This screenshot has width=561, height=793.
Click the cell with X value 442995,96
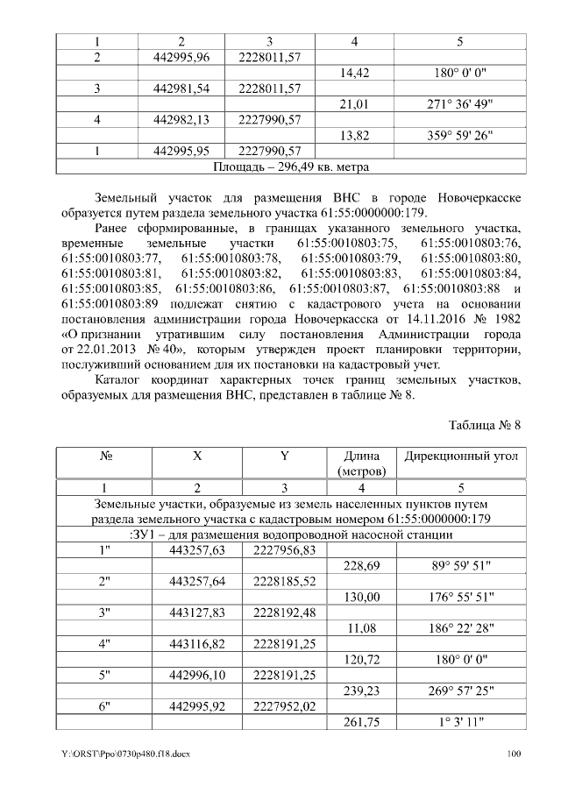(x=181, y=57)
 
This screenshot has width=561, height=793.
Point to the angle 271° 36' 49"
(x=459, y=104)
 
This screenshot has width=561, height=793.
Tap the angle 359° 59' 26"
(x=459, y=135)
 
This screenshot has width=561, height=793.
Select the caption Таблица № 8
(x=485, y=425)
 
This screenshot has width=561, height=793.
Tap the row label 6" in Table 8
(x=104, y=705)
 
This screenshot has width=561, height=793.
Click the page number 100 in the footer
(x=514, y=754)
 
